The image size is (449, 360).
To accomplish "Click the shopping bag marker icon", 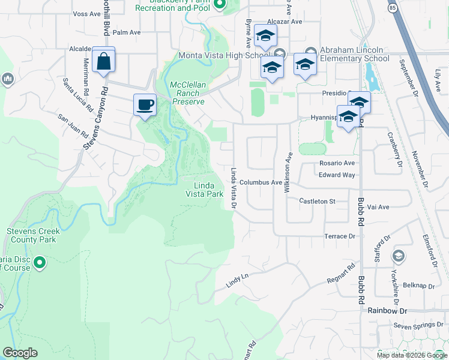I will tap(103, 61).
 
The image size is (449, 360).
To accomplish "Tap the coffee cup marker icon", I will tap(144, 106).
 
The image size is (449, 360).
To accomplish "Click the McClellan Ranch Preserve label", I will tap(187, 93).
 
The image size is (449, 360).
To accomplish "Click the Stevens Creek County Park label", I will tap(31, 235).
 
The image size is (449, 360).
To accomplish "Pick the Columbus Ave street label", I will tap(261, 182).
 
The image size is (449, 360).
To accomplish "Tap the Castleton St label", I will tap(318, 202).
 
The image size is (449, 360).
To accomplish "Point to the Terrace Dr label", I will tap(340, 236).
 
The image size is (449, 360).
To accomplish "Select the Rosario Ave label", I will tap(337, 163).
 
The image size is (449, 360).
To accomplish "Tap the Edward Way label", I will tap(337, 175).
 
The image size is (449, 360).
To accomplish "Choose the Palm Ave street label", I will tap(126, 32).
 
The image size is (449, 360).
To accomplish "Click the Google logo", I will tap(20, 353).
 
